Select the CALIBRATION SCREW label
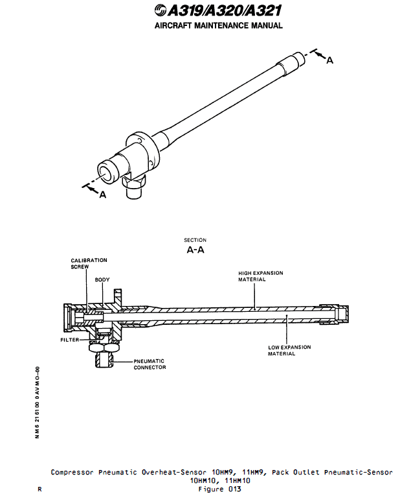point(89,263)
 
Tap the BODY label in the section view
point(102,280)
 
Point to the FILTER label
point(70,340)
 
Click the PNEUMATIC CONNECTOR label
point(150,364)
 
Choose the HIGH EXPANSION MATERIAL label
point(260,276)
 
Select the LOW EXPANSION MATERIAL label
point(289,350)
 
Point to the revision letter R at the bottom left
point(40,489)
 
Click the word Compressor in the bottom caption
point(73,473)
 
